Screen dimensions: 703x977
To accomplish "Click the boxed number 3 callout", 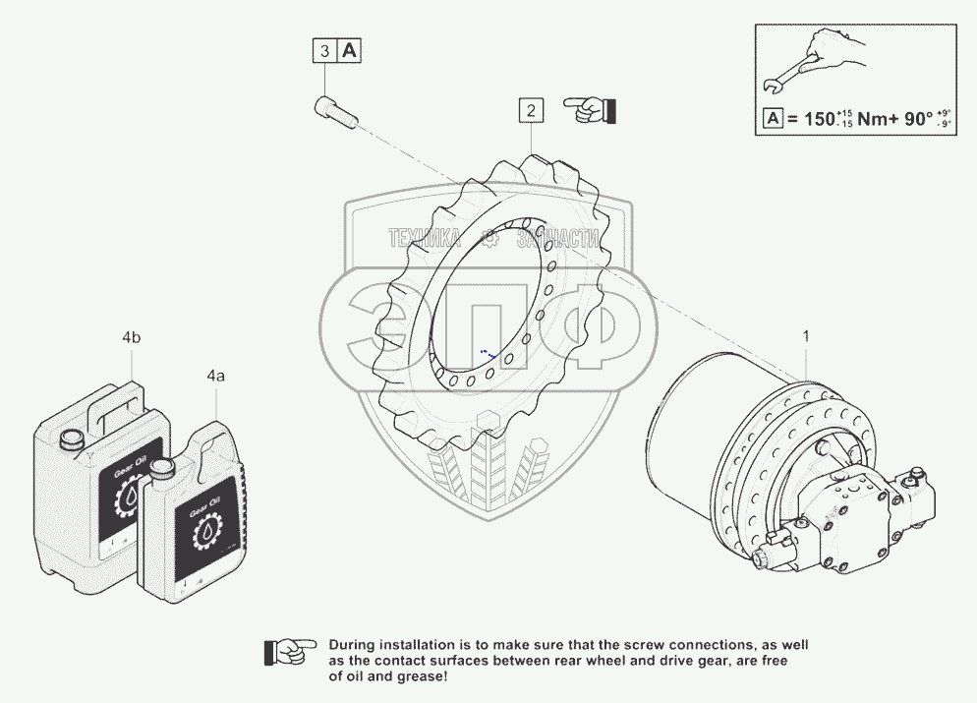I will (324, 50).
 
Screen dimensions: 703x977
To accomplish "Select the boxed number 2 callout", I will (531, 110).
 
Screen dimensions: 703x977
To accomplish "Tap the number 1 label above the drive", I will (806, 337).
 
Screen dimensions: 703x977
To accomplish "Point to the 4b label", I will (132, 338).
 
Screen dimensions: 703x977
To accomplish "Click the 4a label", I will (215, 376).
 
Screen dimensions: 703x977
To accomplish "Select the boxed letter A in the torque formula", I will (774, 120).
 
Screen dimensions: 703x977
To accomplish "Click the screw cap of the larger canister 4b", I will (71, 441).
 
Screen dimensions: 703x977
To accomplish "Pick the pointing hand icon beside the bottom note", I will (290, 650).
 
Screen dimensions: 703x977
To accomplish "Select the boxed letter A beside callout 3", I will (350, 50).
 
